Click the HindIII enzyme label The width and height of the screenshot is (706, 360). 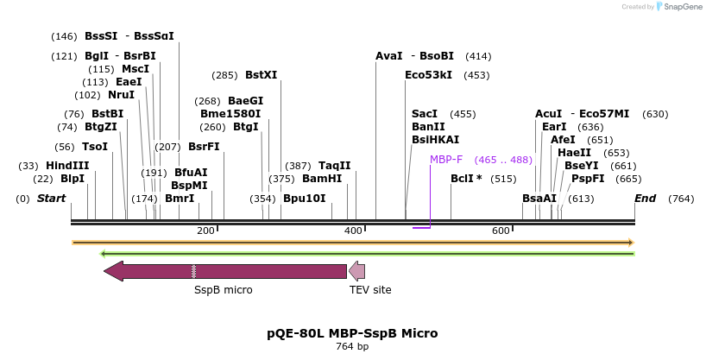(x=67, y=166)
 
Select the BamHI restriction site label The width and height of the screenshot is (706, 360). (x=322, y=179)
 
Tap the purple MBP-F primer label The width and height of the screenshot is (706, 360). (x=446, y=160)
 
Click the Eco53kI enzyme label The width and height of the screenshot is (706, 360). (x=428, y=75)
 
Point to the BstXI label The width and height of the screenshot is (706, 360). (x=261, y=75)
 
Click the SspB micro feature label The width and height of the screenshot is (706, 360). (x=224, y=290)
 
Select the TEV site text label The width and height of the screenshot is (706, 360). (x=370, y=290)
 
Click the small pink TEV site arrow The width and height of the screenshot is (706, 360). (x=356, y=271)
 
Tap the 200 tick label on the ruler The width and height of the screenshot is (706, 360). (x=205, y=231)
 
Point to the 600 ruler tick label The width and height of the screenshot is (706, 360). (x=501, y=231)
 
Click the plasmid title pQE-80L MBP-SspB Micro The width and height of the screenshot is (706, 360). (x=352, y=333)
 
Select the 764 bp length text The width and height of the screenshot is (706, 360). (x=352, y=347)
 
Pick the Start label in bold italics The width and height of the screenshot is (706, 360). (x=51, y=199)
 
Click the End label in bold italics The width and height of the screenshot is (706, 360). (x=646, y=199)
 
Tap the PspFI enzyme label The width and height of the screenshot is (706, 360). (x=588, y=179)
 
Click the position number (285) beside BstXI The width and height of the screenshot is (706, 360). (x=224, y=75)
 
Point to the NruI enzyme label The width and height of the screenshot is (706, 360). (x=121, y=95)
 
